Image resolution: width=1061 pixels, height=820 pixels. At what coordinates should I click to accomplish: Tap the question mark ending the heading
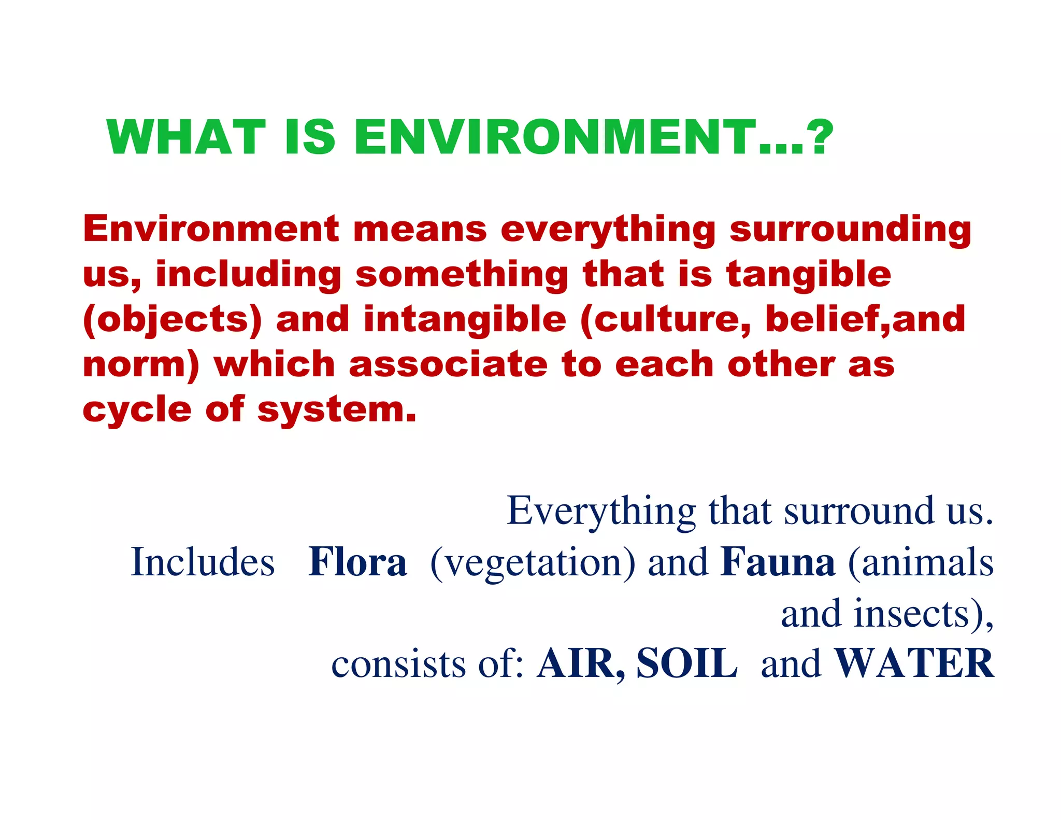tap(820, 137)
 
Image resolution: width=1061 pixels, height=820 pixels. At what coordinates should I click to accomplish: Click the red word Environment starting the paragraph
tap(211, 229)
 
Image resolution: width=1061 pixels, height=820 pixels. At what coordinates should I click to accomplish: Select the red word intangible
tap(465, 320)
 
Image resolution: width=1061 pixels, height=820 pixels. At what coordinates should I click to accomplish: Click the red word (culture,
tap(665, 320)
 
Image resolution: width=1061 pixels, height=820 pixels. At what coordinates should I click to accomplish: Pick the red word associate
tap(448, 364)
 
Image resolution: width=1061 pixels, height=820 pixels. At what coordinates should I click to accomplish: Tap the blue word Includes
tap(203, 562)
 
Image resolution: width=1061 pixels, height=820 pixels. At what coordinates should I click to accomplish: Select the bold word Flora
tap(357, 562)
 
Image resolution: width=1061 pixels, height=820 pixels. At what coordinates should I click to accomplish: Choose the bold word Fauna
tap(778, 562)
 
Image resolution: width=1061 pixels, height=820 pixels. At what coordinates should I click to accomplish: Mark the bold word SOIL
tap(686, 663)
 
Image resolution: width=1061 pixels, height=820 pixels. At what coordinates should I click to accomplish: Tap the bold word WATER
tap(914, 663)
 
